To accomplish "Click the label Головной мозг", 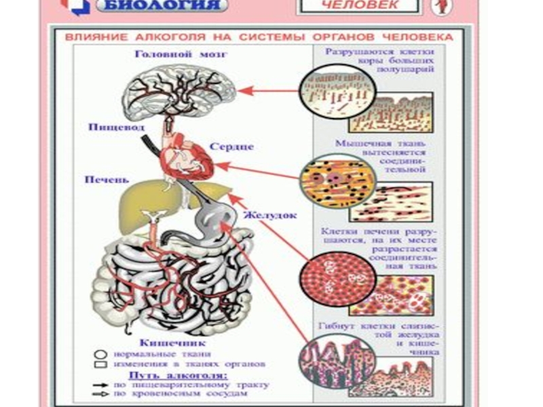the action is [180, 54].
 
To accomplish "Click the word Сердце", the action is [231, 147].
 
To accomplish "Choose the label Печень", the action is [106, 180].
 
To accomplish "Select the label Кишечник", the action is [162, 343].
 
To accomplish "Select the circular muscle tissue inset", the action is [329, 180].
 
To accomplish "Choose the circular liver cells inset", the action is [328, 279].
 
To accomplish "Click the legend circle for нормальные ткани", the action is [100, 353].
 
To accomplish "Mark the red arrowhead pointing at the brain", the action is [243, 90].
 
